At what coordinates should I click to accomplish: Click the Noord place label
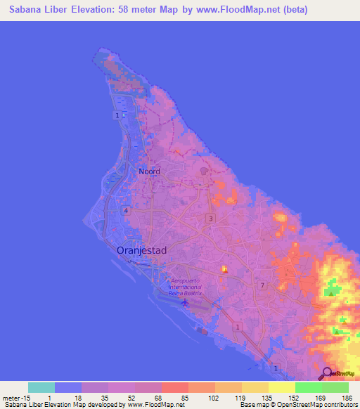(x=149, y=171)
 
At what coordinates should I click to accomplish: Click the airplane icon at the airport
(x=185, y=303)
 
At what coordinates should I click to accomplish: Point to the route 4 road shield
(x=126, y=210)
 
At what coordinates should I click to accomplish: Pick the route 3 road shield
(x=210, y=219)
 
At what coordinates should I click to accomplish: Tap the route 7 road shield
(x=262, y=285)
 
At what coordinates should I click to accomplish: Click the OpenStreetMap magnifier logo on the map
(x=328, y=374)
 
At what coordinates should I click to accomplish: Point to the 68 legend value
(x=159, y=398)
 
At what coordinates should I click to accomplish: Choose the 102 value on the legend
(x=212, y=398)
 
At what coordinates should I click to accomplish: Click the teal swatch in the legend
(x=41, y=387)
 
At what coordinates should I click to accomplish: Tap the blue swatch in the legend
(x=68, y=387)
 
